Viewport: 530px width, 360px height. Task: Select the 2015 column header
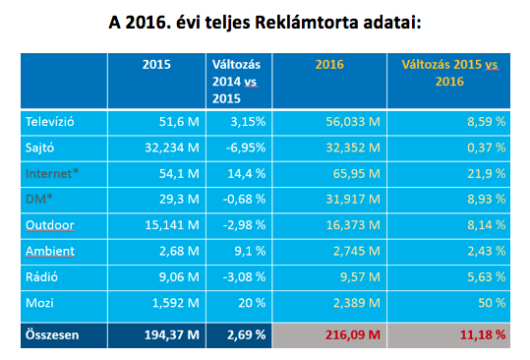pos(155,64)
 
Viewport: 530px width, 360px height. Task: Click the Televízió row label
pos(52,122)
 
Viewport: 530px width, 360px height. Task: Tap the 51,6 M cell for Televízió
pos(177,122)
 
